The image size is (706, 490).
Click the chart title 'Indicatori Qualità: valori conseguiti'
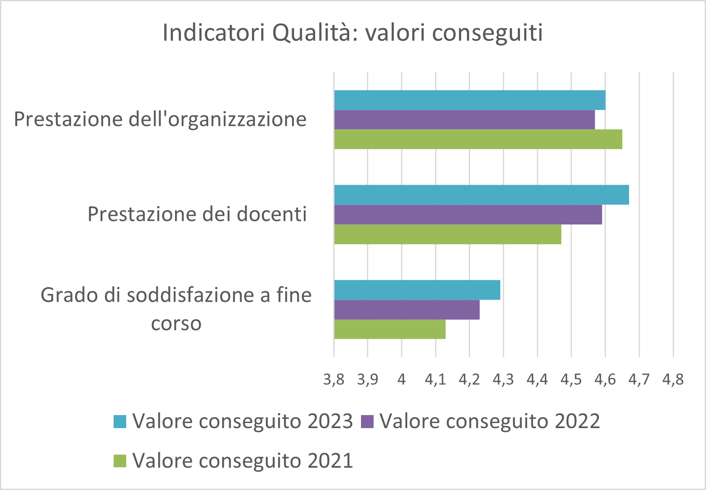353,33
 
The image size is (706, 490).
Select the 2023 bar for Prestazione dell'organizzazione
470,100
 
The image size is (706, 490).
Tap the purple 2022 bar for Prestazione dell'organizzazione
464,120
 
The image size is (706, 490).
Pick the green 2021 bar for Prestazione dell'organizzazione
478,139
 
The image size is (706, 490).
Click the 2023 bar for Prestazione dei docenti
481,195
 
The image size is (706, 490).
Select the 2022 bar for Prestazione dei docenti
468,215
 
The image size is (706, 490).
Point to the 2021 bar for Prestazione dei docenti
448,234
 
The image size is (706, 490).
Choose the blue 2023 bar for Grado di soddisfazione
417,290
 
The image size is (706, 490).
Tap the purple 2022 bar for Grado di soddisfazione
407,309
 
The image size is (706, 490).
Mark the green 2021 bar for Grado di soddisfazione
390,329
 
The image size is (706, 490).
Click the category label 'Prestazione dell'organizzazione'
160,120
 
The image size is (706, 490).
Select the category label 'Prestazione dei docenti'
197,214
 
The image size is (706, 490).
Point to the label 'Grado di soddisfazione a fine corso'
176,309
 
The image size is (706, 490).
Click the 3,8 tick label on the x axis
334,380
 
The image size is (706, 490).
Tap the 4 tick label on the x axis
402,380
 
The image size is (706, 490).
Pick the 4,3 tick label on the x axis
503,380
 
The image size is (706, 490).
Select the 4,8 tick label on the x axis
673,380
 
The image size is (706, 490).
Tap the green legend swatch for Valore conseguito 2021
120,461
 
